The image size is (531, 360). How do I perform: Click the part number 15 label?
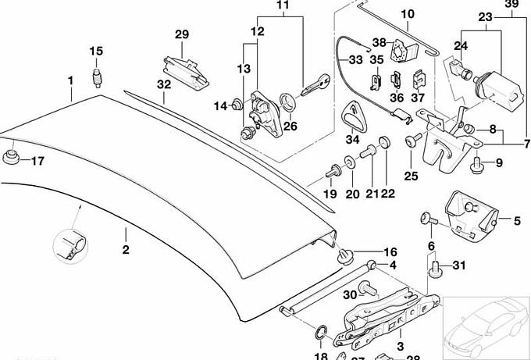click(x=95, y=52)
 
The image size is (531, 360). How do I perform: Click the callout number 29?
click(x=181, y=34)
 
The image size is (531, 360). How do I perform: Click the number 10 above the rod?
click(x=408, y=14)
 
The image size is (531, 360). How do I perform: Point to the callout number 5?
click(x=516, y=221)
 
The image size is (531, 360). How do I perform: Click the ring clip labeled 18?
click(x=322, y=333)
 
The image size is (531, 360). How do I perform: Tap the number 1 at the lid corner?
click(x=70, y=80)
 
